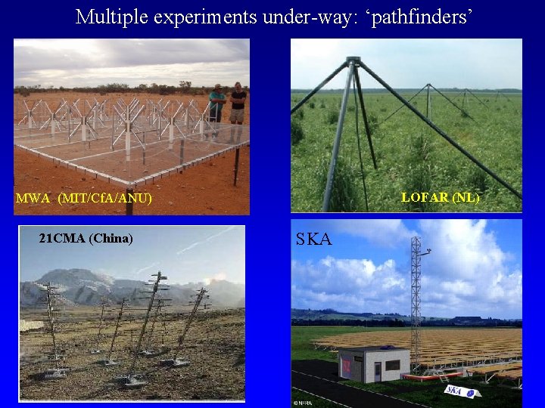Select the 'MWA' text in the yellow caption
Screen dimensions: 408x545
33,199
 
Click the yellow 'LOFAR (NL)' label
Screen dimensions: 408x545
441,198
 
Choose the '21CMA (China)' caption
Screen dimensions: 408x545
86,239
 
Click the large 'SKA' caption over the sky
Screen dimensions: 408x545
313,240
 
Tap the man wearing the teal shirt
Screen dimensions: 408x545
218,105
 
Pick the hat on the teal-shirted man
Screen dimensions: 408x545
218,87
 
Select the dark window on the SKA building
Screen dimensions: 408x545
393,364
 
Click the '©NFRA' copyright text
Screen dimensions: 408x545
302,403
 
